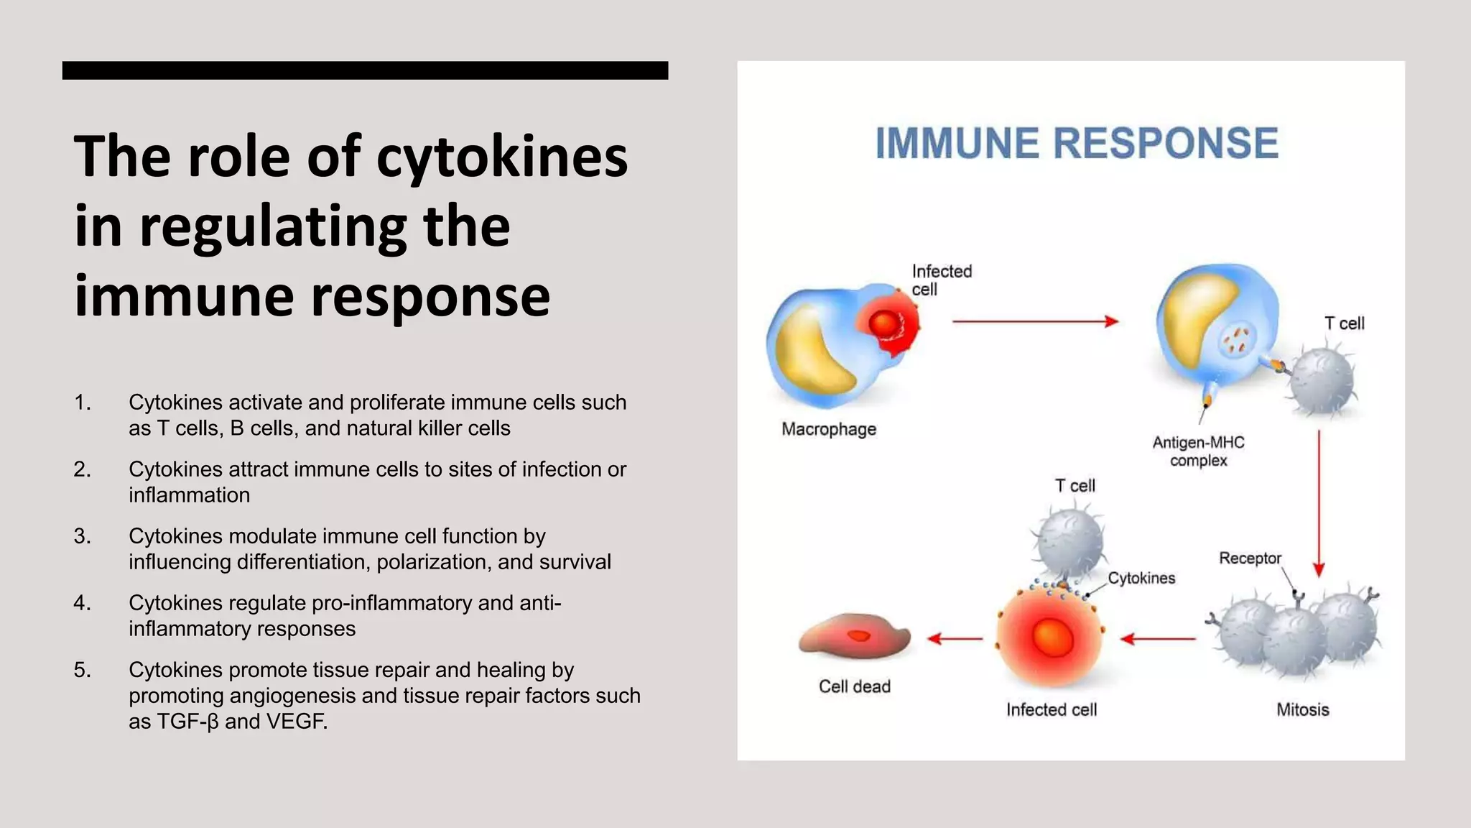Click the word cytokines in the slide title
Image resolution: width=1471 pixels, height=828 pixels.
(502, 157)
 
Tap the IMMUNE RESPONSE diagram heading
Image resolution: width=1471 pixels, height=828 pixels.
(1077, 143)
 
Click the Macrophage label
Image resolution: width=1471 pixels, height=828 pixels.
(829, 429)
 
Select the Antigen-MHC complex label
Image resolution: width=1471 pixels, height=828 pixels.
(1198, 451)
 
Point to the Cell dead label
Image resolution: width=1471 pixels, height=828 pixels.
(854, 686)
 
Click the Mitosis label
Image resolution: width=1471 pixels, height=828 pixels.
(1302, 709)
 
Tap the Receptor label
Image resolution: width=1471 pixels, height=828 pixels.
(1250, 558)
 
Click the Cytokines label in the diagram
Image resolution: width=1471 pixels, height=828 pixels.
(1141, 578)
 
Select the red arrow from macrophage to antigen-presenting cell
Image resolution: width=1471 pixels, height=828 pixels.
(1034, 321)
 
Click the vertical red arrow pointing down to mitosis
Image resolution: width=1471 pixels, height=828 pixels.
(1319, 503)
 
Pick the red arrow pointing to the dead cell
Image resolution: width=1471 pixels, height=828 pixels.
(955, 638)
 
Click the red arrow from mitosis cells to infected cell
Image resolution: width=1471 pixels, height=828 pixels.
(1158, 638)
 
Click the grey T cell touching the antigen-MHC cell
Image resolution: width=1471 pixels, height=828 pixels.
(1322, 381)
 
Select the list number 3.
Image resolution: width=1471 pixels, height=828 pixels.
(82, 536)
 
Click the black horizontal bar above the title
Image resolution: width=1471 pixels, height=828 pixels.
(365, 70)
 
